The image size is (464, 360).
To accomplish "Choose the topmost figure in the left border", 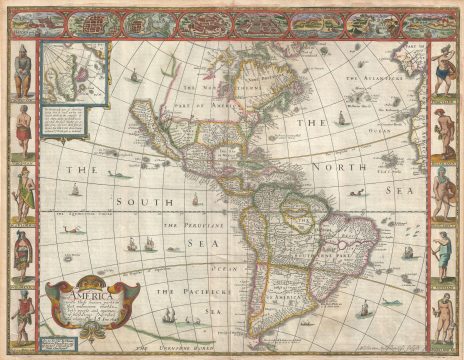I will click(x=21, y=70).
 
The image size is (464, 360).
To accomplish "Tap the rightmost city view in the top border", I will click(x=421, y=21).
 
